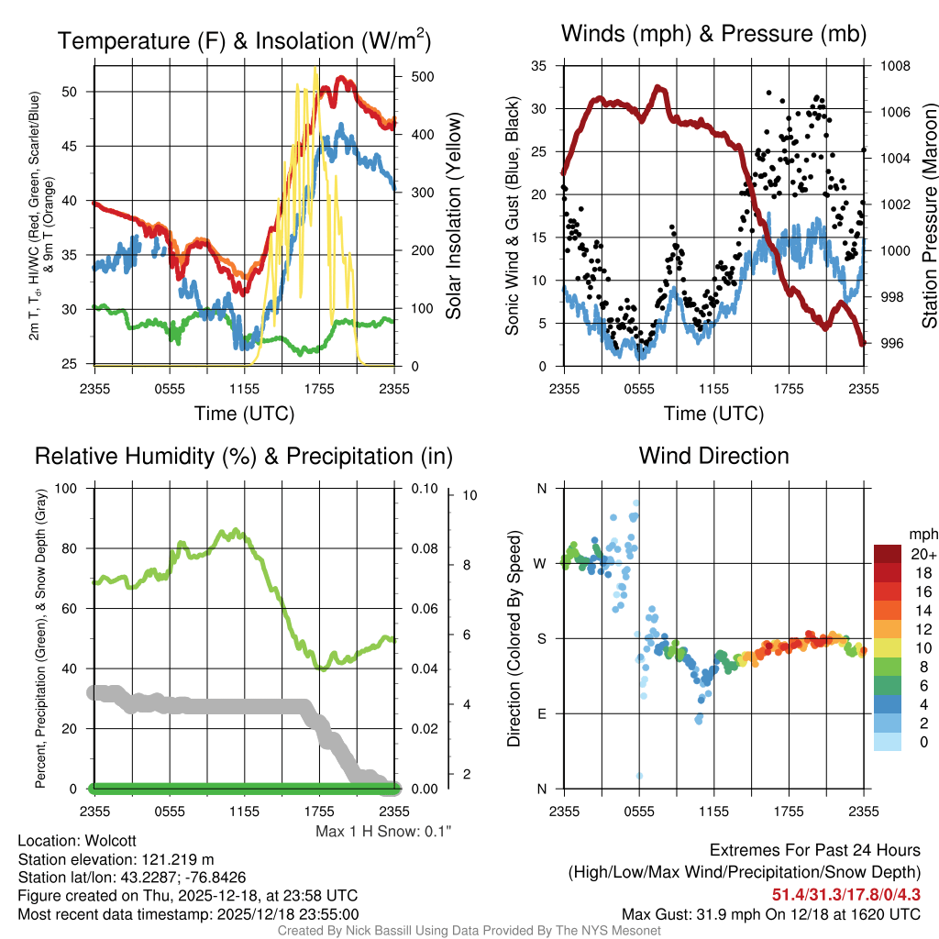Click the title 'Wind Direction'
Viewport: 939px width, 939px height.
tap(713, 456)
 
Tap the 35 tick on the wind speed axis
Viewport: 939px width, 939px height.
tap(539, 66)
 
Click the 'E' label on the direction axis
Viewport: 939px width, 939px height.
tap(540, 713)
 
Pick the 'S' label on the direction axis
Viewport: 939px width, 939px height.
tap(540, 638)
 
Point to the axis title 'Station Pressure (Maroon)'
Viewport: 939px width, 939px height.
tap(928, 216)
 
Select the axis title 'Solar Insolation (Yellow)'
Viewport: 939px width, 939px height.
tap(453, 216)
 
